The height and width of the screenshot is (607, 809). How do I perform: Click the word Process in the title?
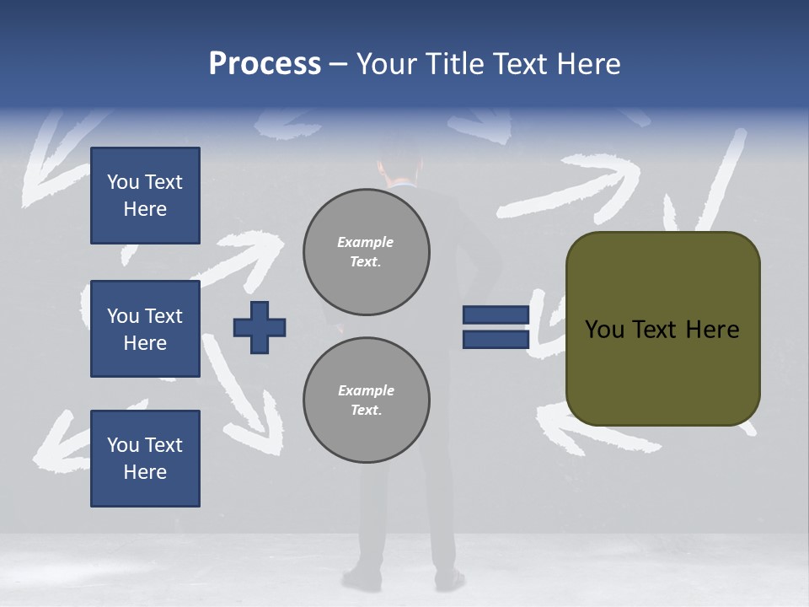coord(265,64)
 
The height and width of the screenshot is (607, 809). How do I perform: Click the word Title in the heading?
coord(456,64)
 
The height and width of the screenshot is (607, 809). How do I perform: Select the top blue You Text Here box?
coord(145,196)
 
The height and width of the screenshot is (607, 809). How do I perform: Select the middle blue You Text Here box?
coord(145,329)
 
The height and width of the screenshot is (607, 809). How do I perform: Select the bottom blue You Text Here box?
coord(145,458)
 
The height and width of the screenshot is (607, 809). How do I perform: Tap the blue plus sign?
coord(260,327)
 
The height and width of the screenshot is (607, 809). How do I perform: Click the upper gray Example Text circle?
coord(366,252)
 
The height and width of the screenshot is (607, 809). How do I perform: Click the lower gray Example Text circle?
coord(366,400)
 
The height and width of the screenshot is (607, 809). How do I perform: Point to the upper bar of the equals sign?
coord(496,315)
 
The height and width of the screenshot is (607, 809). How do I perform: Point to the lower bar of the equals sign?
coord(496,339)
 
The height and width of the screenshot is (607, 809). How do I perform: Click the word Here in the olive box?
coord(712,330)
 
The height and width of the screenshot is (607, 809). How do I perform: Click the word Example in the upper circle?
coord(365,242)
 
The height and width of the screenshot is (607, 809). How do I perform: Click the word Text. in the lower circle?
coord(366,411)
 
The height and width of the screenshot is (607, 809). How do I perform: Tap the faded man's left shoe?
coord(362,579)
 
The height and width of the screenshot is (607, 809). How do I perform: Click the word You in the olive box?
coord(604,330)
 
